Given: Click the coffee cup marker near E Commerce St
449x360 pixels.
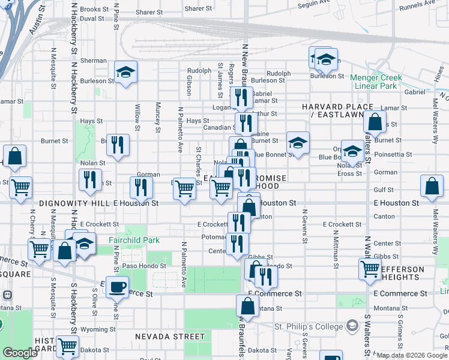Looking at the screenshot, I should (117, 287).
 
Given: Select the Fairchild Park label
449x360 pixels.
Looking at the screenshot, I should (134, 240).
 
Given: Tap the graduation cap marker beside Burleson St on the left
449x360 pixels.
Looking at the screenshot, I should (126, 73).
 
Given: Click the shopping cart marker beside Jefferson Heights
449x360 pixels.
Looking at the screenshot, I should (370, 269).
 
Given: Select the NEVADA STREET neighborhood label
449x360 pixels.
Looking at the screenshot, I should (162, 337).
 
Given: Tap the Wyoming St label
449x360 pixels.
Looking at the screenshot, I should (94, 329).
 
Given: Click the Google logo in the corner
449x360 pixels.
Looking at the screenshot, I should (20, 353).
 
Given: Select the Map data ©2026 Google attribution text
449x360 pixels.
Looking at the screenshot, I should (411, 355).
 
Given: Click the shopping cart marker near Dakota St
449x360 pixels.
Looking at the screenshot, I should (67, 346).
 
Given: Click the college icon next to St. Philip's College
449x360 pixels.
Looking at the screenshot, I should (352, 326).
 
